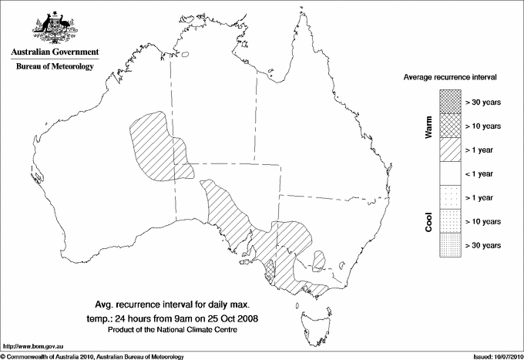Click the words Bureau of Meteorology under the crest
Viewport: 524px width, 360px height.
55,67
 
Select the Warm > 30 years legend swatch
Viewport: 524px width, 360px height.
450,101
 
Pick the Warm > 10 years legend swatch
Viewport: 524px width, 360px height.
450,125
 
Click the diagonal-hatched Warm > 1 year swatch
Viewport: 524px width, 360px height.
450,149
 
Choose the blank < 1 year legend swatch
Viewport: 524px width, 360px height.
450,173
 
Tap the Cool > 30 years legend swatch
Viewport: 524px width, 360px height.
450,245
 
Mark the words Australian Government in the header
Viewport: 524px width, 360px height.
55,52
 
